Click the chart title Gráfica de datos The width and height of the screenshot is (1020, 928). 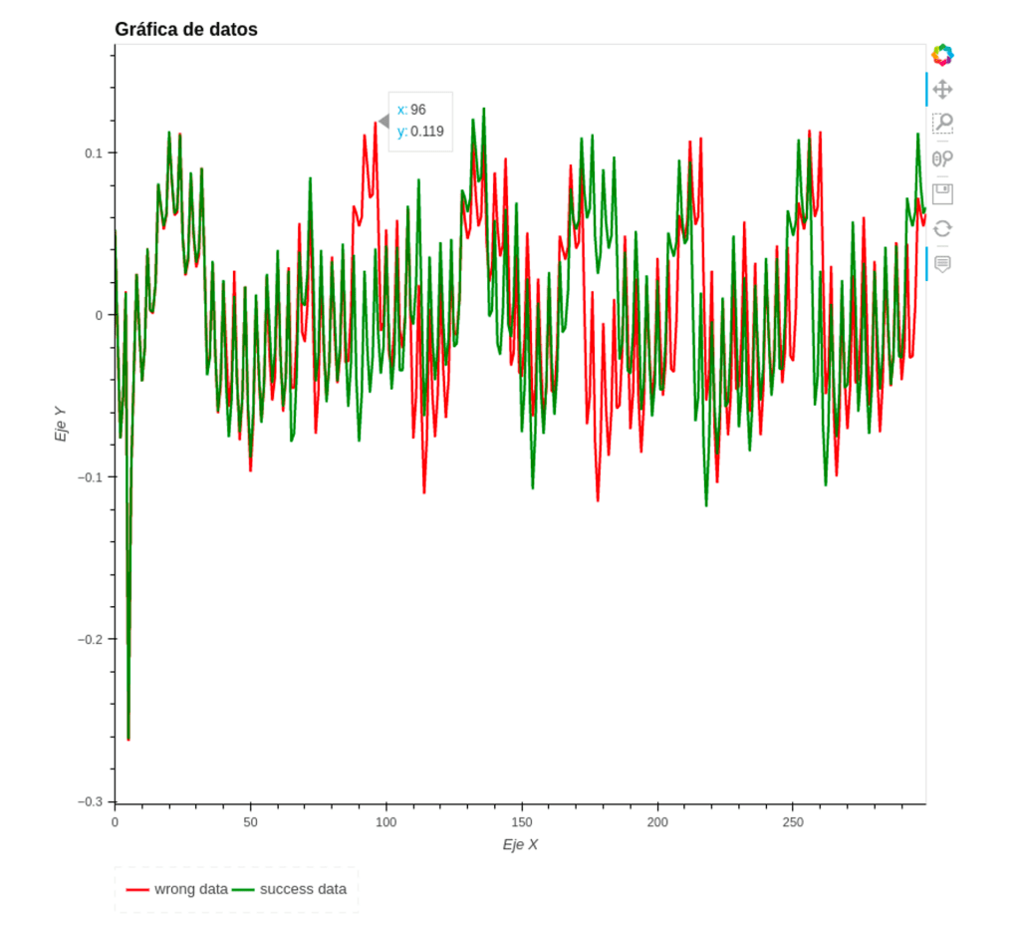click(x=186, y=30)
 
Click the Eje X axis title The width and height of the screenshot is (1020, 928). click(x=520, y=845)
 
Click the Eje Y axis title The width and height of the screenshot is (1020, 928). click(x=62, y=423)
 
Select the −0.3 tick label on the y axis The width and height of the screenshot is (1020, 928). click(x=91, y=801)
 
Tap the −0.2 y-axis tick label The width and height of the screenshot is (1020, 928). click(x=91, y=639)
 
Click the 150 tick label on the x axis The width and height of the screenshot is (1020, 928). click(x=521, y=822)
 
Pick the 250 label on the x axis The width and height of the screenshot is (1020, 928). click(x=792, y=822)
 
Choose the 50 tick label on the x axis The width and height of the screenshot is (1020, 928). click(x=250, y=822)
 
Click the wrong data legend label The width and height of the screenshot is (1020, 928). click(x=191, y=889)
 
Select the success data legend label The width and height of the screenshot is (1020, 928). click(x=303, y=889)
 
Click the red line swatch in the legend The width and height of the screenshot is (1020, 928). click(x=137, y=889)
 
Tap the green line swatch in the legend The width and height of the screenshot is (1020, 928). click(x=243, y=889)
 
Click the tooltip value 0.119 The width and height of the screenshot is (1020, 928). click(x=427, y=131)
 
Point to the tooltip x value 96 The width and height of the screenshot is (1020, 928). click(x=418, y=110)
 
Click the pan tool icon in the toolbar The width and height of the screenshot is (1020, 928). click(x=942, y=90)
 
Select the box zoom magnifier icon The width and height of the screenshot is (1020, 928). click(x=942, y=124)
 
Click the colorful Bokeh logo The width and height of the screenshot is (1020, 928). click(x=942, y=55)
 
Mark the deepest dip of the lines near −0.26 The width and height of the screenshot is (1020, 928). click(x=128, y=739)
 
